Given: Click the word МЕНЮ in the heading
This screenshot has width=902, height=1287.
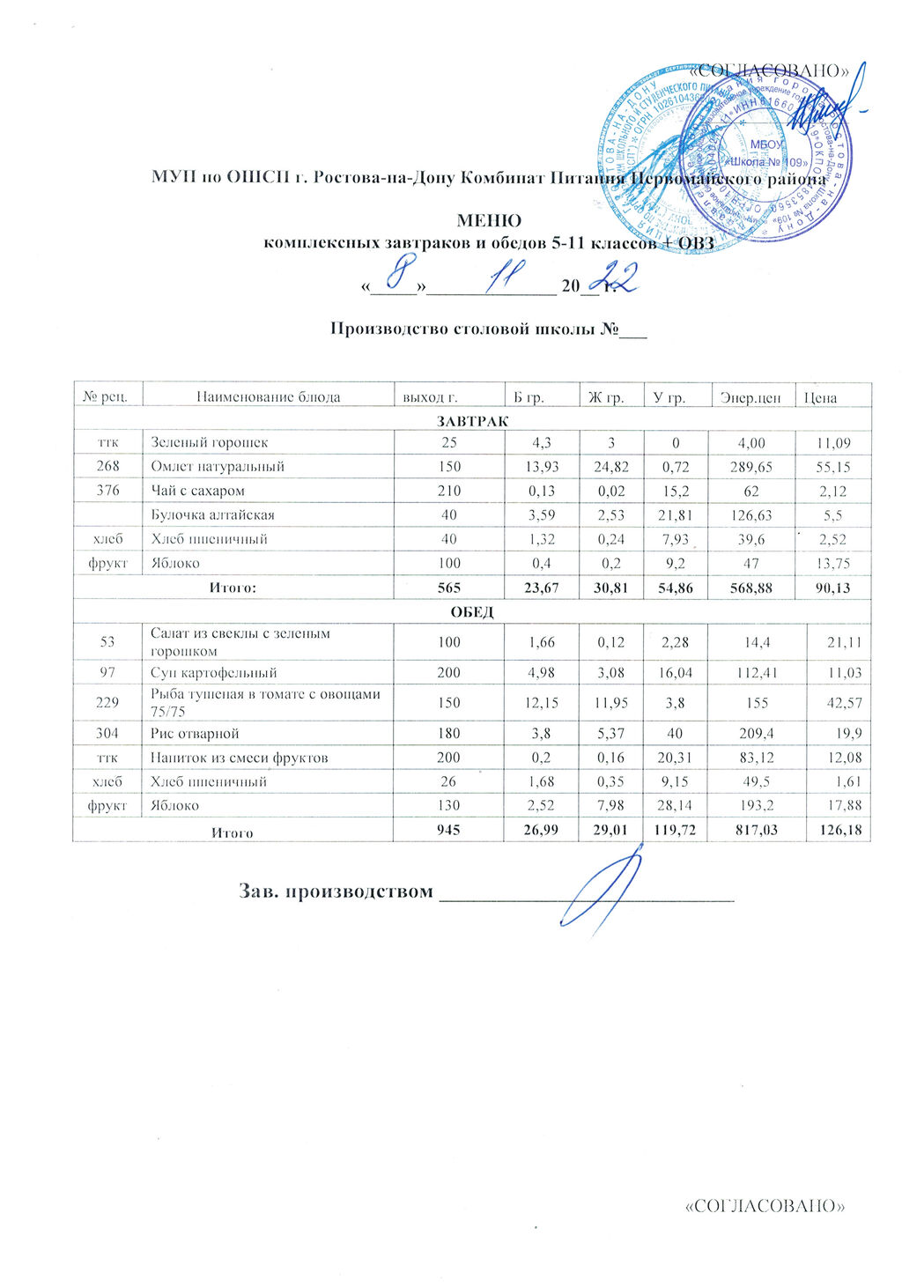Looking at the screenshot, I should tap(489, 220).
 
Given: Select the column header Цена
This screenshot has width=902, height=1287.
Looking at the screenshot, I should tap(820, 397).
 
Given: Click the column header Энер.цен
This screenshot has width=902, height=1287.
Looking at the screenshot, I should tap(750, 397).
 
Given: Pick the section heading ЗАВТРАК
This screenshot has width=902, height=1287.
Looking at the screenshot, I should tap(472, 420).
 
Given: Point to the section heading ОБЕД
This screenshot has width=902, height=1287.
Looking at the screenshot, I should tap(472, 612).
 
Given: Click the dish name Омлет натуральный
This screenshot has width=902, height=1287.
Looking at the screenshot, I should tap(218, 467).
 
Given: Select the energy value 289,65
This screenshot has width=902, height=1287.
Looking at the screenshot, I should tap(751, 467).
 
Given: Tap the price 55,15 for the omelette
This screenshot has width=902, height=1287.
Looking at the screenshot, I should tap(832, 467).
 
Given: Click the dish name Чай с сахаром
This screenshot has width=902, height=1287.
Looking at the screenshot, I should tap(197, 491).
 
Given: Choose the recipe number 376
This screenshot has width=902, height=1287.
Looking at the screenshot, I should tap(107, 491).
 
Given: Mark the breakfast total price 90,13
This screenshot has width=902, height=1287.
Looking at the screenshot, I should tap(832, 588).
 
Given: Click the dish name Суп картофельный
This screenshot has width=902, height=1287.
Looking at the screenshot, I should tap(214, 673).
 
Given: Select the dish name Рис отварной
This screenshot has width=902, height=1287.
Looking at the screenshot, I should tap(195, 733).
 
